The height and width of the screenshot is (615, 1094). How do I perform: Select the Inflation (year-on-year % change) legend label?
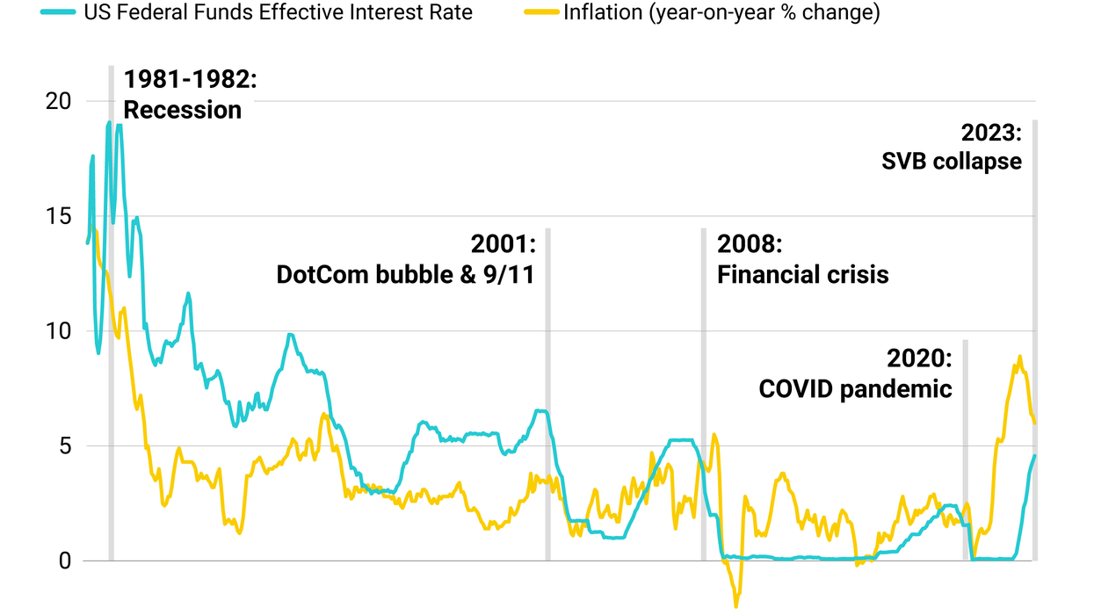pos(721,12)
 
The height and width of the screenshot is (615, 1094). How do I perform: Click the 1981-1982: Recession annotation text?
pos(189,94)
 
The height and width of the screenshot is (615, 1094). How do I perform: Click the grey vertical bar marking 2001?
pos(547,395)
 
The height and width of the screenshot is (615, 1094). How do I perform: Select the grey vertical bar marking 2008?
pos(703,395)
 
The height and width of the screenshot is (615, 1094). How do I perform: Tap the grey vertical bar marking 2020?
pos(965,448)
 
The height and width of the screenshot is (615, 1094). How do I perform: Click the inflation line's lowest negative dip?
pos(735,605)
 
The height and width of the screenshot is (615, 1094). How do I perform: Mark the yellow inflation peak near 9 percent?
pos(1019,357)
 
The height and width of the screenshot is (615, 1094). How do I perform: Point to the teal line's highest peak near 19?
pos(109,123)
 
